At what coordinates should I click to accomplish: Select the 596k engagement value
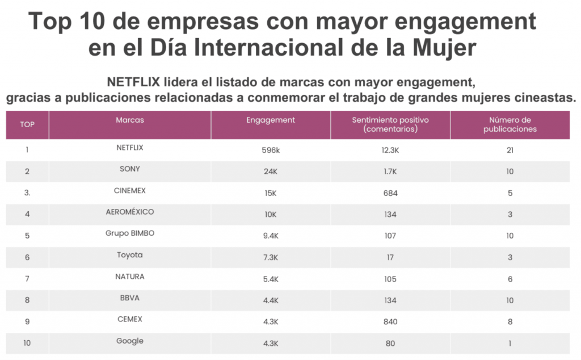point(271,150)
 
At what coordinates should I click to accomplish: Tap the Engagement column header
point(271,120)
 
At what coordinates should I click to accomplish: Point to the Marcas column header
point(129,120)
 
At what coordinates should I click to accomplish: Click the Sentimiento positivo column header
point(390,124)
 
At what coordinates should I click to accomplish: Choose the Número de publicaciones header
point(510,124)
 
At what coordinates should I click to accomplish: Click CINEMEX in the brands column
point(129,190)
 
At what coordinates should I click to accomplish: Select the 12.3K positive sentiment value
point(390,150)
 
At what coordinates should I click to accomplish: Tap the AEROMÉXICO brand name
point(129,212)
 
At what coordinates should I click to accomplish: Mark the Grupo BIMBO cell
point(129,233)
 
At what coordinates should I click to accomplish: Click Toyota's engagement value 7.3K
point(271,258)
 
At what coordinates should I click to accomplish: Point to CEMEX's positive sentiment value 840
point(390,322)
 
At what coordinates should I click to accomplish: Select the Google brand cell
point(129,341)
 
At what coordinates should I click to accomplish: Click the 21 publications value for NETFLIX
point(510,150)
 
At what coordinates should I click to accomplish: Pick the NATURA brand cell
point(129,277)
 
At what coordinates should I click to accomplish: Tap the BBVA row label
point(129,298)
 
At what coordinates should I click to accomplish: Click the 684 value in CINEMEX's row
point(390,193)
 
